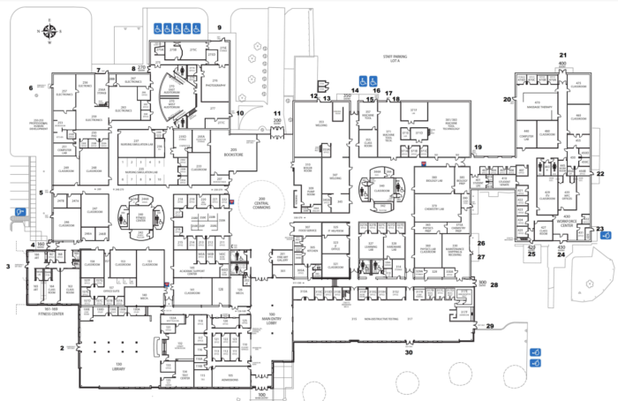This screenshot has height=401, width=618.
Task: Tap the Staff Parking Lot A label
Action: [x=386, y=59]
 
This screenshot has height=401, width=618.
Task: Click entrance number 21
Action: [x=562, y=56]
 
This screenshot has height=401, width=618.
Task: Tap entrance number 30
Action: [x=408, y=352]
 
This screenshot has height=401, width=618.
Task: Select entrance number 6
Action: [x=31, y=87]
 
